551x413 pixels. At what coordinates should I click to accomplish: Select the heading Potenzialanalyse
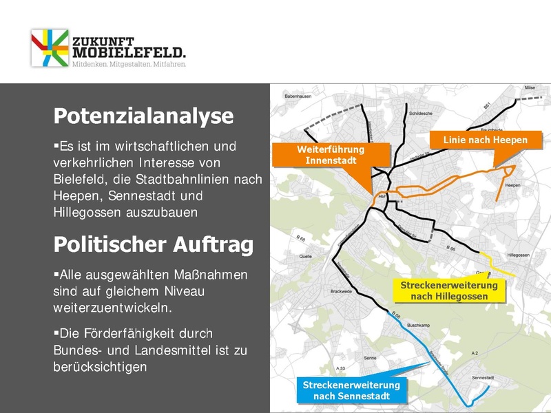pos(143,116)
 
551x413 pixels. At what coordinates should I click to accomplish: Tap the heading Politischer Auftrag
pos(153,244)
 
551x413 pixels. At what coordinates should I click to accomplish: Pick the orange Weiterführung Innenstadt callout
pos(331,155)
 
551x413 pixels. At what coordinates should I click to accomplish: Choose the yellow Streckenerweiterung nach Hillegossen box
pos(449,290)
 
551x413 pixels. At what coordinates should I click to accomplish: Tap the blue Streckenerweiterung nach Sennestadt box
pos(351,390)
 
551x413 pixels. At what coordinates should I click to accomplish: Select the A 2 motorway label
pos(475,352)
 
